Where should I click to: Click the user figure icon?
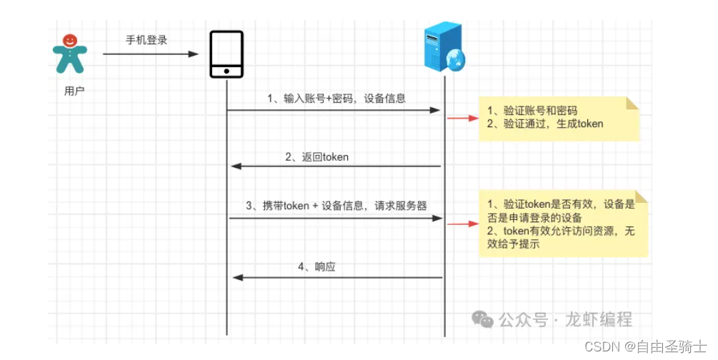point(69,54)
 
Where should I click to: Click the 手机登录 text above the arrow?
point(146,41)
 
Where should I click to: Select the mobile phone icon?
point(226,54)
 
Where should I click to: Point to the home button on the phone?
point(226,71)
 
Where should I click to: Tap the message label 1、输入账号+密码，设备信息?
point(336,99)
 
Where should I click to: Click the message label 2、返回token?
point(316,156)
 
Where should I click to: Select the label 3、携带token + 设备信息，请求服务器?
point(336,206)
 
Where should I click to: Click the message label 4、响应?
point(316,267)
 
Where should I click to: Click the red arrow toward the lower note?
point(463,224)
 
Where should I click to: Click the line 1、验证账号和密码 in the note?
point(532,111)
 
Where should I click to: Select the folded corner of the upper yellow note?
point(632,103)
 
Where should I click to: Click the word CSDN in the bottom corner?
point(599,346)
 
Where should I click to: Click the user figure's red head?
point(69,40)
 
